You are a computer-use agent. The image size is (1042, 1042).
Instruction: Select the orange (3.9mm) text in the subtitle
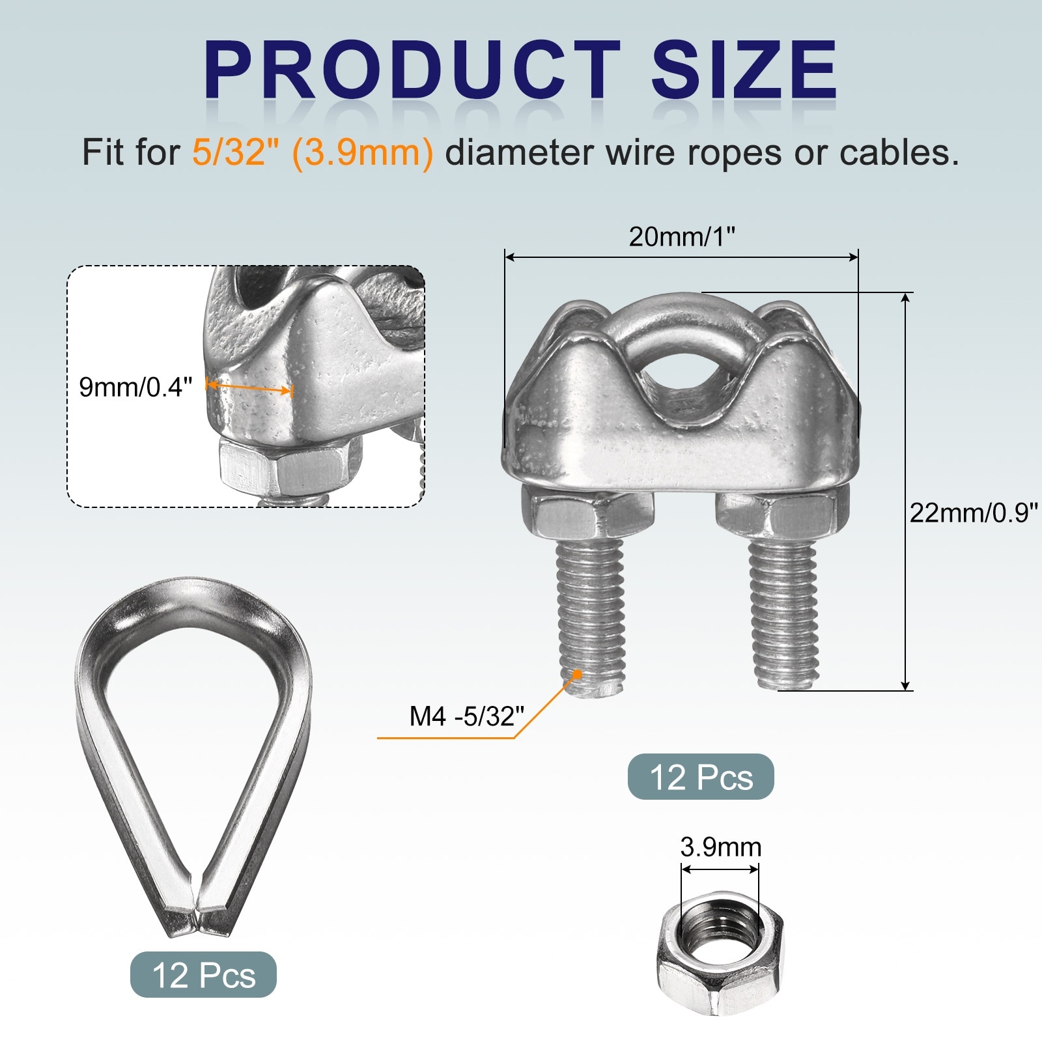click(x=362, y=154)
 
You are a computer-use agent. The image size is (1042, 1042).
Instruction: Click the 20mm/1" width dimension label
click(x=681, y=236)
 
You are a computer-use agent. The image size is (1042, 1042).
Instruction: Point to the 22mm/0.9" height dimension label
click(x=973, y=513)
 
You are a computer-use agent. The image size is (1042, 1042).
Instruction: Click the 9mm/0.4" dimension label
click(x=135, y=387)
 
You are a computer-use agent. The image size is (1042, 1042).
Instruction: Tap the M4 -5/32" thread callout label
click(x=466, y=716)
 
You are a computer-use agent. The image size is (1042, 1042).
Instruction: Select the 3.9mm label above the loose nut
click(x=720, y=847)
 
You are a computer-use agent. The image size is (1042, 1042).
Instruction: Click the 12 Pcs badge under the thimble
click(x=203, y=975)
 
